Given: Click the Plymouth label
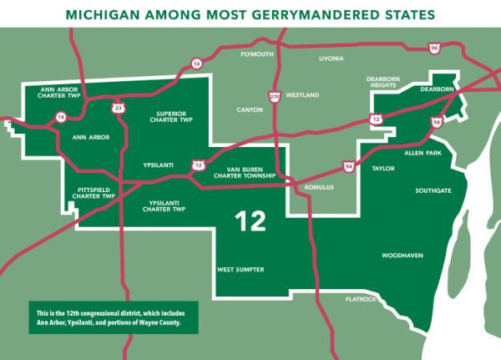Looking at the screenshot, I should tap(256, 54).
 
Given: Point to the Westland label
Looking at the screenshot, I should tap(302, 96).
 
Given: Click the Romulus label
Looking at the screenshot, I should tap(318, 187).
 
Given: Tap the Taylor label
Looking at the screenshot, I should tap(384, 169).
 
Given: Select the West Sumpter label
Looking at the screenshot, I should tap(240, 270).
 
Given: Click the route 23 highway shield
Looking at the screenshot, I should tap(119, 107).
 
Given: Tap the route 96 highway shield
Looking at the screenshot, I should tap(433, 48).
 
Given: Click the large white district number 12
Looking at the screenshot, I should tap(250, 221).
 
